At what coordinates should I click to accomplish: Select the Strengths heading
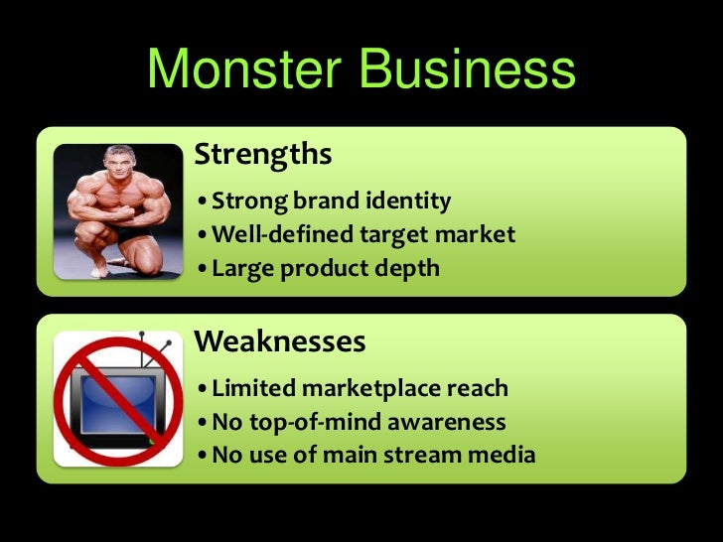coord(262,154)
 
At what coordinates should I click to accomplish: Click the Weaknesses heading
coord(280,342)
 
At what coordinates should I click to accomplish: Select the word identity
coord(407,203)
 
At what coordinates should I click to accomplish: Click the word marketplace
coord(373,389)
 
